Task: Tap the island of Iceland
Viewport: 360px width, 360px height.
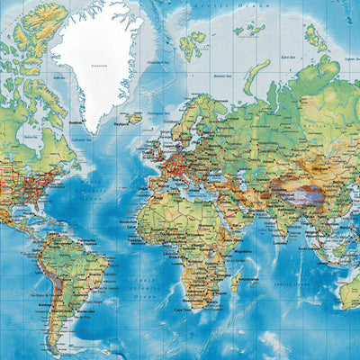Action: (134, 117)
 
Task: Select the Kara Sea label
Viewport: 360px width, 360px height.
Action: (290, 58)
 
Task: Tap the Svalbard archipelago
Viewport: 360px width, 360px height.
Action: (191, 45)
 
